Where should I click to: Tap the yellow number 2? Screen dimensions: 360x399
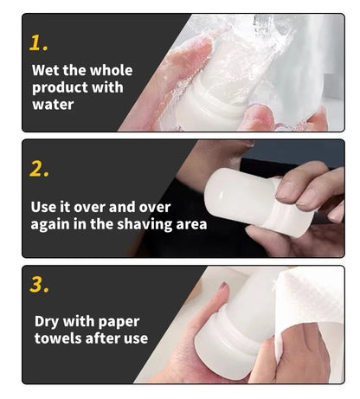click(x=39, y=169)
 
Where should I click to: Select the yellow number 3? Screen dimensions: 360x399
click(x=39, y=285)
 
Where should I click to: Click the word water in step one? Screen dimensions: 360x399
click(x=53, y=105)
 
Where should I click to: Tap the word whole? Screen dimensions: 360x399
click(x=113, y=70)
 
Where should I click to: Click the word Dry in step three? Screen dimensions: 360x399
click(x=47, y=322)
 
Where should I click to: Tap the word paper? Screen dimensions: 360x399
click(x=119, y=322)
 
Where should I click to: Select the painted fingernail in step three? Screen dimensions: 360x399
click(x=223, y=286)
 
